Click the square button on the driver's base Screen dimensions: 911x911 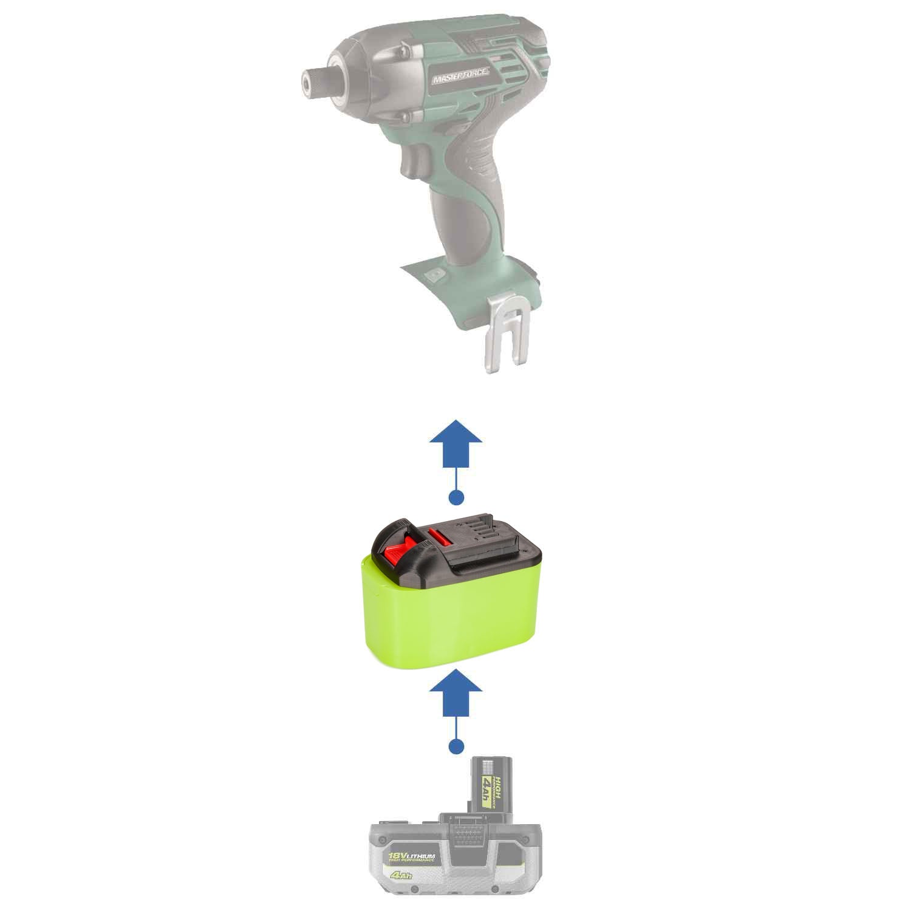[x=432, y=275]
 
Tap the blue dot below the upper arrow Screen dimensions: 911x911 [x=455, y=497]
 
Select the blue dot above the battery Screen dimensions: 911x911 [x=455, y=745]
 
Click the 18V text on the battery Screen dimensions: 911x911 [x=398, y=855]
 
